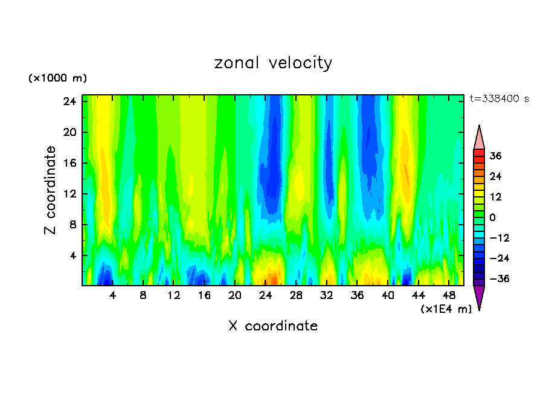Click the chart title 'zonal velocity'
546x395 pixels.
(x=273, y=63)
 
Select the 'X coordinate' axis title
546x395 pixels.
(x=273, y=326)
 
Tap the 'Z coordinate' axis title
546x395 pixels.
(x=51, y=190)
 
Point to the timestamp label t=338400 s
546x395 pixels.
(x=499, y=98)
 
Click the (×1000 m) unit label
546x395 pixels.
(x=58, y=79)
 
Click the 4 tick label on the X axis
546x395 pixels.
(x=113, y=296)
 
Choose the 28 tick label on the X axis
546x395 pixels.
(x=296, y=296)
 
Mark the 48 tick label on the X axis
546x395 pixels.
(x=449, y=296)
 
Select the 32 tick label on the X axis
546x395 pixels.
(x=327, y=296)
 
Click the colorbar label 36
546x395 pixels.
(x=496, y=156)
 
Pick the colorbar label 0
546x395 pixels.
(x=493, y=217)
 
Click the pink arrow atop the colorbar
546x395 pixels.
(x=479, y=138)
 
